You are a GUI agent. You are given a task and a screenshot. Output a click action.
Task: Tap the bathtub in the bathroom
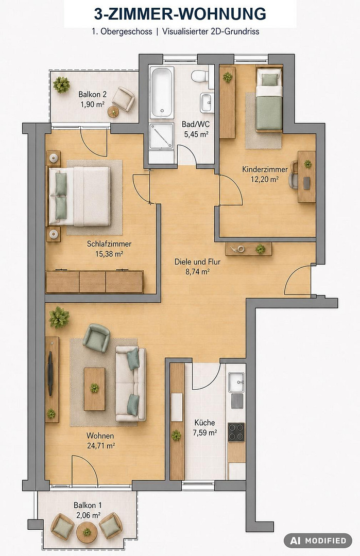(161, 92)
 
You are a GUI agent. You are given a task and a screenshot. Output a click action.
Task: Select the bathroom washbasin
(206, 102)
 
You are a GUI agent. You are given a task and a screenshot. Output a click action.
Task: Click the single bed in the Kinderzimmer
(269, 99)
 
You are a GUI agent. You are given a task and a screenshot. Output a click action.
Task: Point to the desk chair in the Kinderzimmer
(294, 174)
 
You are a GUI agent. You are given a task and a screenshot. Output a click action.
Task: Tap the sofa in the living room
(130, 384)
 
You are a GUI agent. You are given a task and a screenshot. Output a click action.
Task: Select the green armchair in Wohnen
(96, 338)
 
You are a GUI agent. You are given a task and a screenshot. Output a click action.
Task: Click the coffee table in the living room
(94, 389)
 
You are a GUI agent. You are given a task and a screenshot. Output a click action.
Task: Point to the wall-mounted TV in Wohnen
(50, 374)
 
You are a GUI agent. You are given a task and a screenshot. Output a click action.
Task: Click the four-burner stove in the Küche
(236, 432)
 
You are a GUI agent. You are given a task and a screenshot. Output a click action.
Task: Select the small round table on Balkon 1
(87, 532)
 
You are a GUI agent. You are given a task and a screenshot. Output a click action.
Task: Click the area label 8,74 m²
(197, 272)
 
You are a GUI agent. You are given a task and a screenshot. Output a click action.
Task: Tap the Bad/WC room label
(195, 125)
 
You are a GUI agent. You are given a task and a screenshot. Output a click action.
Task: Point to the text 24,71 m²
(101, 446)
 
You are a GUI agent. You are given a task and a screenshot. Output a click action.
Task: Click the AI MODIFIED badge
(318, 541)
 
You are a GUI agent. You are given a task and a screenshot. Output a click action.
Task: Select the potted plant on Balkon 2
(61, 85)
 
